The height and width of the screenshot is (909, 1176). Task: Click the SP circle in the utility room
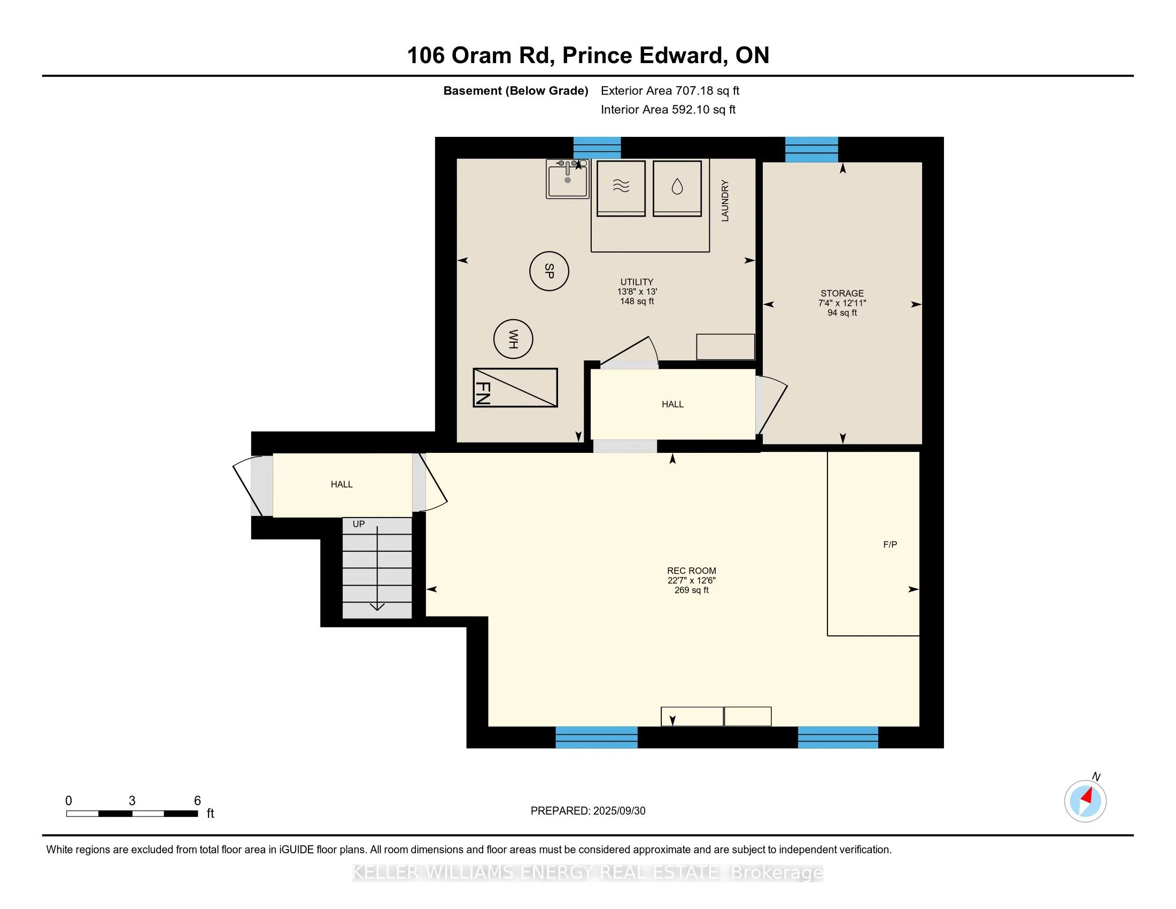[548, 271]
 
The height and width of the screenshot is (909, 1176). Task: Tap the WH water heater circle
[513, 338]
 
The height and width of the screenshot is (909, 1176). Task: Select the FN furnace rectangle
[515, 388]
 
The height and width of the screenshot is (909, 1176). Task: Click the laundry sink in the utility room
[568, 179]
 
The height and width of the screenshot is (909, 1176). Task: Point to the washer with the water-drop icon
[677, 188]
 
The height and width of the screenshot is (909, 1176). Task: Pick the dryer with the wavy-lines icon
[621, 188]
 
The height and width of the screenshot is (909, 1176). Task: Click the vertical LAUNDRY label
[725, 201]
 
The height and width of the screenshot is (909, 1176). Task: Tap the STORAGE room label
[842, 294]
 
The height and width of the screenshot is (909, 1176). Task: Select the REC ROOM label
[691, 571]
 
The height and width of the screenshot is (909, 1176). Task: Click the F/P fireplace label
[890, 544]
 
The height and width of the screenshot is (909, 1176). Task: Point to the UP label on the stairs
[359, 524]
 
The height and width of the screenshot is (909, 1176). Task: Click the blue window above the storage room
[811, 150]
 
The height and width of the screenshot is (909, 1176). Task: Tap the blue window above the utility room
[597, 148]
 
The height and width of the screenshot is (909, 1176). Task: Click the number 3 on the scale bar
[132, 800]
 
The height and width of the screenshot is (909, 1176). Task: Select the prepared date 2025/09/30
[618, 811]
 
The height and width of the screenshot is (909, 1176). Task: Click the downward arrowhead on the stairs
[377, 607]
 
